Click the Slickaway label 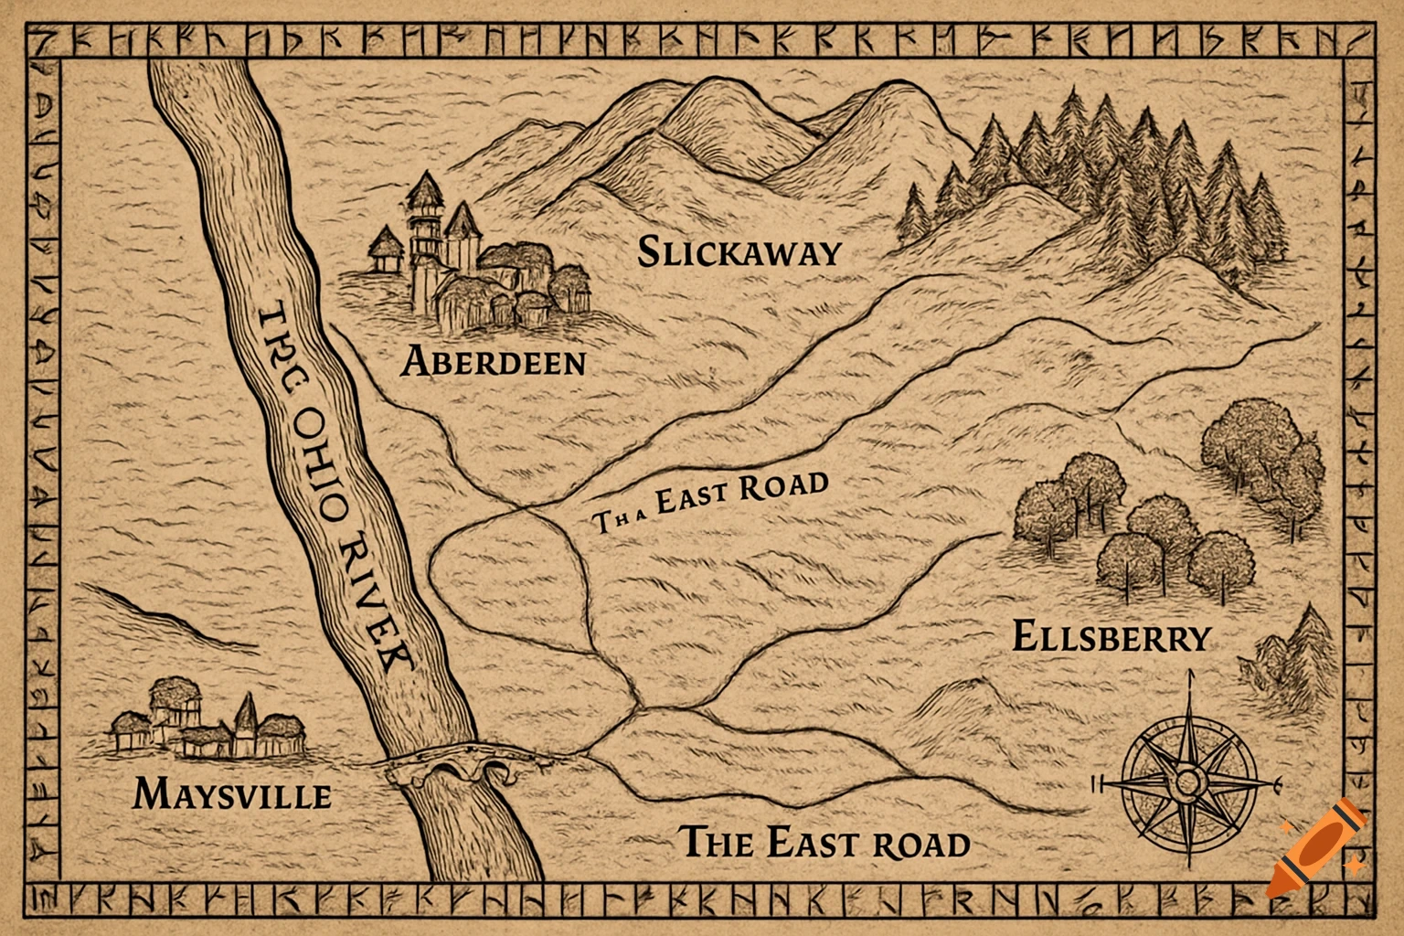(738, 252)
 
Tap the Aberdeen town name (494, 362)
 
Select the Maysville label (232, 793)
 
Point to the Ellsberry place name (1111, 636)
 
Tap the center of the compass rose (1188, 782)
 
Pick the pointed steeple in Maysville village (246, 718)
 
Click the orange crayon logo (1316, 846)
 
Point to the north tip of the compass (1191, 676)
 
